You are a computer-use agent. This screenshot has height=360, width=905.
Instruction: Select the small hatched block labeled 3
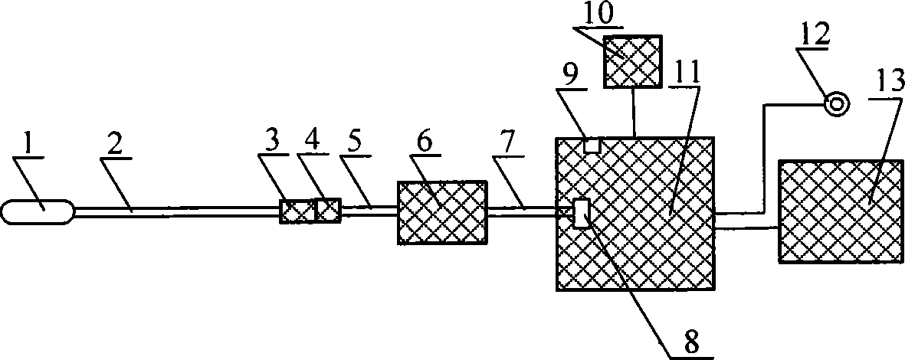[x=297, y=211]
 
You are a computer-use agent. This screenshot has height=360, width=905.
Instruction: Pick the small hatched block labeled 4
[x=328, y=210]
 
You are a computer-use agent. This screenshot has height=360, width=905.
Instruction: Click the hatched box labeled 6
[x=441, y=212]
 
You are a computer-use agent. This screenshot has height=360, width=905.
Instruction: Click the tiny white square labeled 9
[x=592, y=144]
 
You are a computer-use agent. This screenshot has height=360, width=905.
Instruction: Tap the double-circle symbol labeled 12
[x=836, y=104]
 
